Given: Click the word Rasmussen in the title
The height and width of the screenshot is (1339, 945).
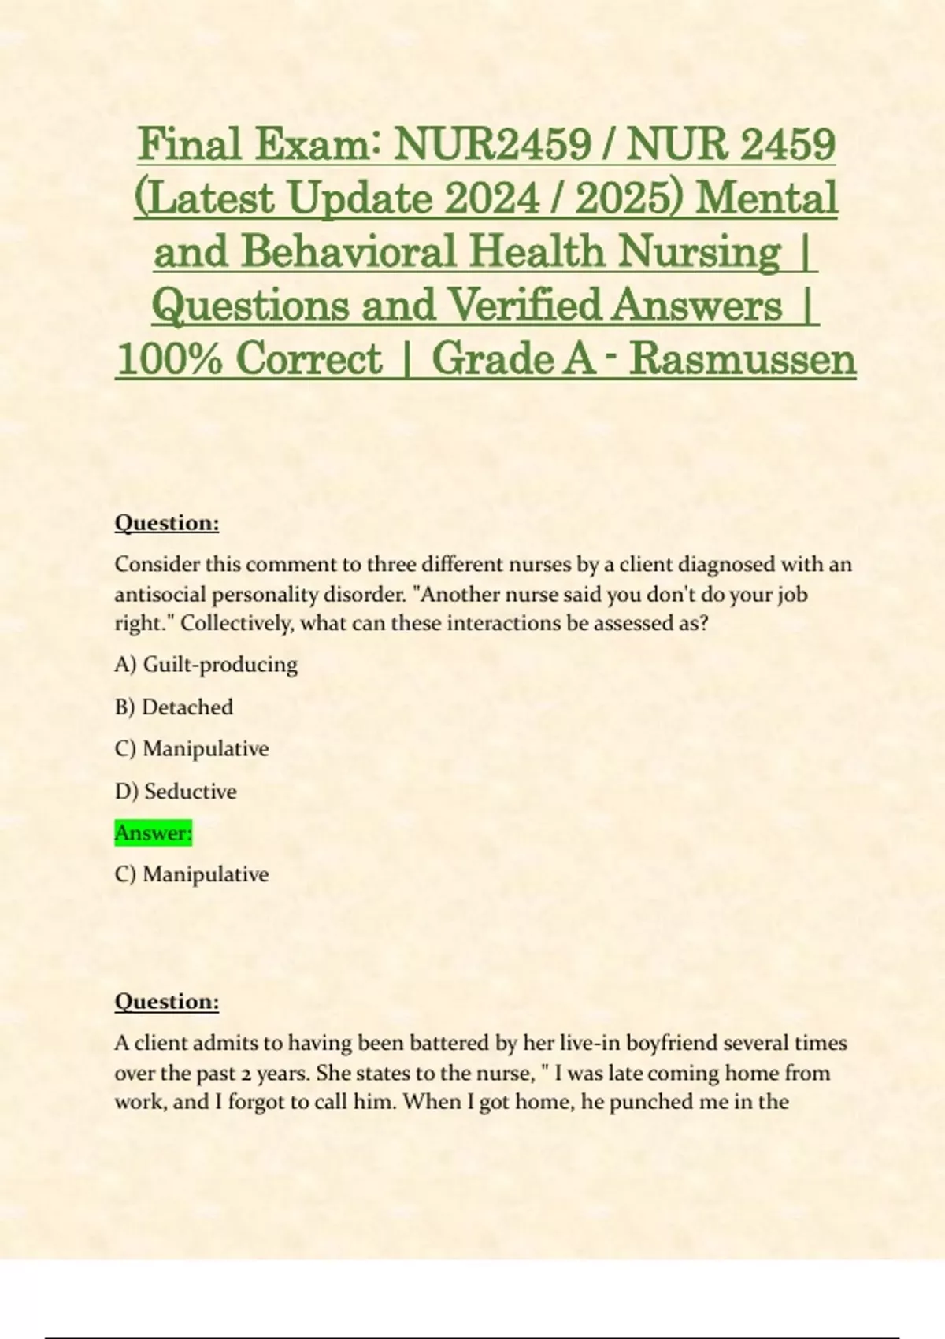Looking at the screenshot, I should pos(743,359).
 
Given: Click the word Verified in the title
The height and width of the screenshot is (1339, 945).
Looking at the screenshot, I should pos(524,306).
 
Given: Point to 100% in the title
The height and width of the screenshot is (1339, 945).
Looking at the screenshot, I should pos(169,359).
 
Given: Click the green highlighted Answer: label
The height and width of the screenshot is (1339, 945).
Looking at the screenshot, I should pos(154,833).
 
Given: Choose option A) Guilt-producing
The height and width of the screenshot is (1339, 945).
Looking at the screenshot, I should pos(206,664).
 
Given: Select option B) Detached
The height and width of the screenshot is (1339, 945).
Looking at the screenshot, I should pos(174,707).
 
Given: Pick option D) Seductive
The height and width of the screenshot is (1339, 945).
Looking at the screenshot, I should pos(176,791).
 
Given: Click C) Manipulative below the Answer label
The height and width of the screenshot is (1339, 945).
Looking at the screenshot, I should pos(191,874).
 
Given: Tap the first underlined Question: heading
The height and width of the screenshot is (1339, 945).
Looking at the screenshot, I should pos(167,523).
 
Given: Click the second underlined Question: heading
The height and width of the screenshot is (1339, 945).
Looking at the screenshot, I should pos(167,1001).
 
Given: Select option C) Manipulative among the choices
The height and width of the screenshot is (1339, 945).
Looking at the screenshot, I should pos(191,748).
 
